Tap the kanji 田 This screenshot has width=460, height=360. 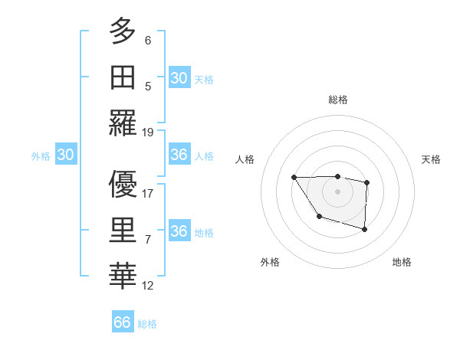(x=123, y=77)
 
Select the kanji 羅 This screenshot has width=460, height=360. (x=123, y=123)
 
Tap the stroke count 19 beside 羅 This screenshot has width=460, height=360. (x=148, y=132)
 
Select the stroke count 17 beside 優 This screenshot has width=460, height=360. (x=148, y=193)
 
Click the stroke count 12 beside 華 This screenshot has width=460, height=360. (x=148, y=286)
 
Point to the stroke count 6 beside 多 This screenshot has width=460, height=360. (x=148, y=40)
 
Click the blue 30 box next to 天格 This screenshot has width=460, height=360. (x=179, y=77)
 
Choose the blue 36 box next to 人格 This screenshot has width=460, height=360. (x=179, y=155)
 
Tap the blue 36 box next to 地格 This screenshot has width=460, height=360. (x=179, y=231)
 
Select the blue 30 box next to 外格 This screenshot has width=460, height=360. (x=65, y=155)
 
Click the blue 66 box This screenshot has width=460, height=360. (x=123, y=322)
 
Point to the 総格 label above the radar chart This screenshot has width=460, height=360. (x=337, y=100)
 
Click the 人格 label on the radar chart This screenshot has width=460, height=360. (x=245, y=159)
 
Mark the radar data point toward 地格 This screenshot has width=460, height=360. (x=365, y=229)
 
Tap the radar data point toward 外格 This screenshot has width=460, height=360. (x=318, y=218)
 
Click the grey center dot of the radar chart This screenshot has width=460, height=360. (x=337, y=190)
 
